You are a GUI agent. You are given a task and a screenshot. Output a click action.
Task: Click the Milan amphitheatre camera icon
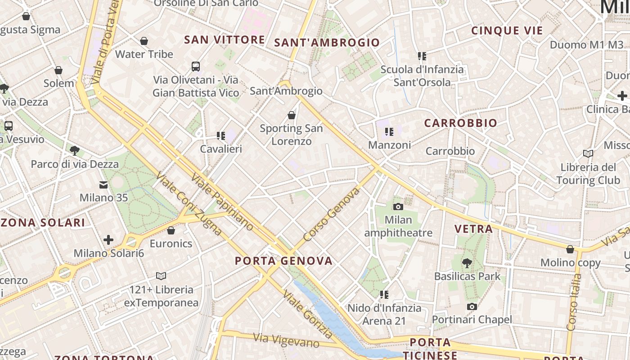[x=398, y=207]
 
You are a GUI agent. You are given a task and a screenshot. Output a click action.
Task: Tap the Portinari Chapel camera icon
[x=472, y=306]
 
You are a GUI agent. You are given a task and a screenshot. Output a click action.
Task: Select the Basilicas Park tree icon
[x=467, y=263]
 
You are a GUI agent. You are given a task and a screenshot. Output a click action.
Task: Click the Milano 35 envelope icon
[x=103, y=184]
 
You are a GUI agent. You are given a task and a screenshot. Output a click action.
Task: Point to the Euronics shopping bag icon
[x=171, y=230]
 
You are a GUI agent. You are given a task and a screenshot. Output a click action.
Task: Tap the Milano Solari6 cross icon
[x=108, y=240]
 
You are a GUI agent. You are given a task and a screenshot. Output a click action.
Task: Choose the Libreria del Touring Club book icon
[x=588, y=154]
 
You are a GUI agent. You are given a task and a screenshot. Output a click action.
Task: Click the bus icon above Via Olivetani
[x=196, y=67]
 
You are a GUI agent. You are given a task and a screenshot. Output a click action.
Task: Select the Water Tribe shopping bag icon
[x=144, y=41]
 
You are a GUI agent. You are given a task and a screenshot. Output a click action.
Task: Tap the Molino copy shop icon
[x=570, y=249]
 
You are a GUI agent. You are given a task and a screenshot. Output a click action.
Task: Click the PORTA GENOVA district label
[x=284, y=261]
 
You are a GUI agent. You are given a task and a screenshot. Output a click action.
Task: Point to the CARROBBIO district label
[x=461, y=123]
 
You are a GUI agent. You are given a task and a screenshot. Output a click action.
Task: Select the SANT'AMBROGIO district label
[x=327, y=43]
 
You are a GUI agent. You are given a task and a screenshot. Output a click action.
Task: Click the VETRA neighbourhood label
[x=473, y=229]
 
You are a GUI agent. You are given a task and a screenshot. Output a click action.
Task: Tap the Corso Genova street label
[x=332, y=214]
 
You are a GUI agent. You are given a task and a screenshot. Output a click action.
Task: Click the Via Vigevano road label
[x=286, y=341]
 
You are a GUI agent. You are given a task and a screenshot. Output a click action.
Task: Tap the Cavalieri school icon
[x=220, y=135]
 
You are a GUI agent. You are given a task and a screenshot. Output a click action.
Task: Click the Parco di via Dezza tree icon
[x=75, y=151]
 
